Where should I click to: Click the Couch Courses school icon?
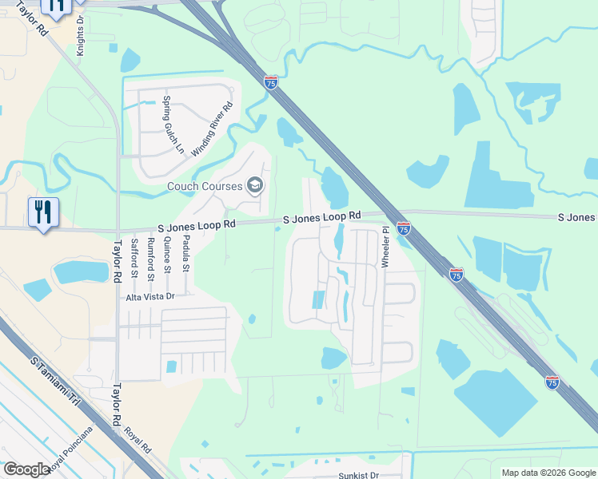(255, 187)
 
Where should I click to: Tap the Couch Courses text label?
(205, 187)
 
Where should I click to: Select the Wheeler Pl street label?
(385, 247)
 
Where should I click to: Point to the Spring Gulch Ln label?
(167, 125)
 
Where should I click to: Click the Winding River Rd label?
(212, 129)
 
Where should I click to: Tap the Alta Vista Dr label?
(149, 296)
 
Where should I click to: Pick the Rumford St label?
(149, 256)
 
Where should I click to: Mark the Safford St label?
(134, 256)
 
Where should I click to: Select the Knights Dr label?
(80, 37)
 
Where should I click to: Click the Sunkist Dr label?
(357, 475)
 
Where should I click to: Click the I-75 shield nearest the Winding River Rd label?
(271, 83)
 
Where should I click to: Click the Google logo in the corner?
(26, 469)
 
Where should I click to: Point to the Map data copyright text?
(548, 473)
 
